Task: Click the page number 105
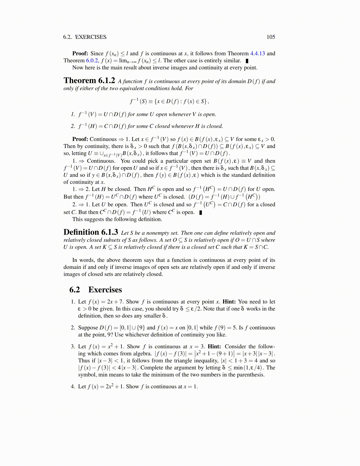click(x=271, y=37)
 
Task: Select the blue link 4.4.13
click(x=257, y=54)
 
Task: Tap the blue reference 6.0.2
click(x=92, y=61)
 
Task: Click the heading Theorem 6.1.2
click(x=89, y=81)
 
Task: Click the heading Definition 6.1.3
click(x=91, y=232)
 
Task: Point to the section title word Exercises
click(x=105, y=290)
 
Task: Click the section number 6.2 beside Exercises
click(x=75, y=290)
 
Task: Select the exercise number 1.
click(x=73, y=302)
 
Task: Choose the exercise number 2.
click(x=73, y=328)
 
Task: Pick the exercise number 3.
click(x=73, y=347)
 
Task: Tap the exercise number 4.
click(x=73, y=387)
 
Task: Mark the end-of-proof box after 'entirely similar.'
click(x=247, y=61)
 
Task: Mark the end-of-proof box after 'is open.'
click(x=201, y=212)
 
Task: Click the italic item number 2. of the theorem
click(x=73, y=126)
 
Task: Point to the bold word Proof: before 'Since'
click(x=80, y=54)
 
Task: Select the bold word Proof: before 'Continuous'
click(x=80, y=139)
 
